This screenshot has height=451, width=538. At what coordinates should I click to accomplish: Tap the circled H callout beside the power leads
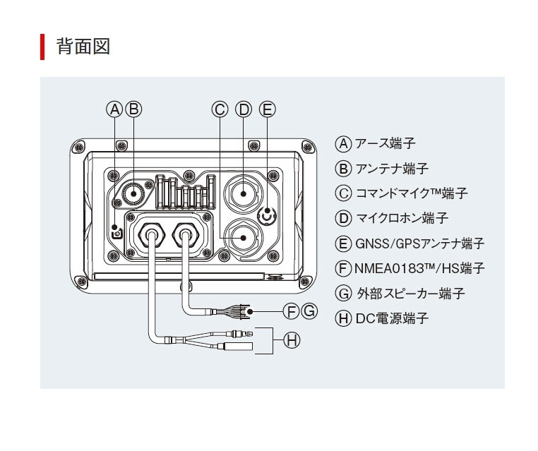291,340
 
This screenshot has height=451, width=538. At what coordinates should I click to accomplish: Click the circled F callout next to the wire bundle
291,310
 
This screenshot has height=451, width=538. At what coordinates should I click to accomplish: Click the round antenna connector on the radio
133,192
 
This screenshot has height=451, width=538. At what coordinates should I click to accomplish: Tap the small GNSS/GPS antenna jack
266,216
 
